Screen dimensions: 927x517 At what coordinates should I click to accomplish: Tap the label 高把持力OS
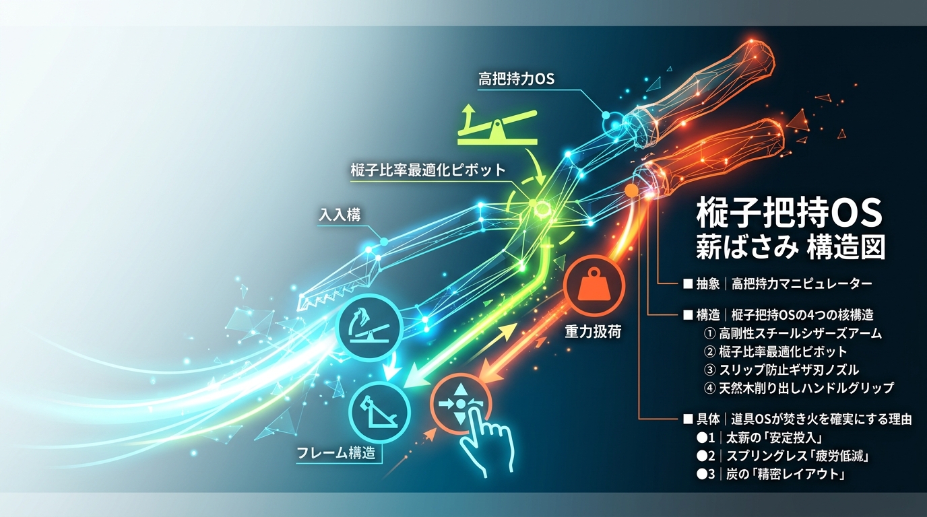tap(516, 79)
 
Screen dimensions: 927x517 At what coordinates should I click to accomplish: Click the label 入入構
tap(340, 215)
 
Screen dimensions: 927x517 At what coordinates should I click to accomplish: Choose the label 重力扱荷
tap(593, 331)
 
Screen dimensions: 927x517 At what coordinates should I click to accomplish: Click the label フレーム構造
tap(336, 453)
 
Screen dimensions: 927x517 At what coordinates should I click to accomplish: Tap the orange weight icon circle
tap(594, 285)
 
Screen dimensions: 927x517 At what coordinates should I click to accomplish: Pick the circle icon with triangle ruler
tap(379, 413)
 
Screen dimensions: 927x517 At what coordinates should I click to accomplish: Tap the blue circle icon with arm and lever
tap(370, 325)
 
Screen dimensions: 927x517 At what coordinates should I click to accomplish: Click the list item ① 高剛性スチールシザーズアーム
tap(792, 333)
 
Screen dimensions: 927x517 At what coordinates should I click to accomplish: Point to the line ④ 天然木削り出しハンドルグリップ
tap(798, 388)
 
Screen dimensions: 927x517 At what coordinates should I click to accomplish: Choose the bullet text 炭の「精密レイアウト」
tap(785, 474)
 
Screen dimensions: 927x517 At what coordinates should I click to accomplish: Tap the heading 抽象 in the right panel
tap(707, 283)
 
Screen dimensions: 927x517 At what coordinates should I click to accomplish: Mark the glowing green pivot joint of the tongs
tap(539, 207)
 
